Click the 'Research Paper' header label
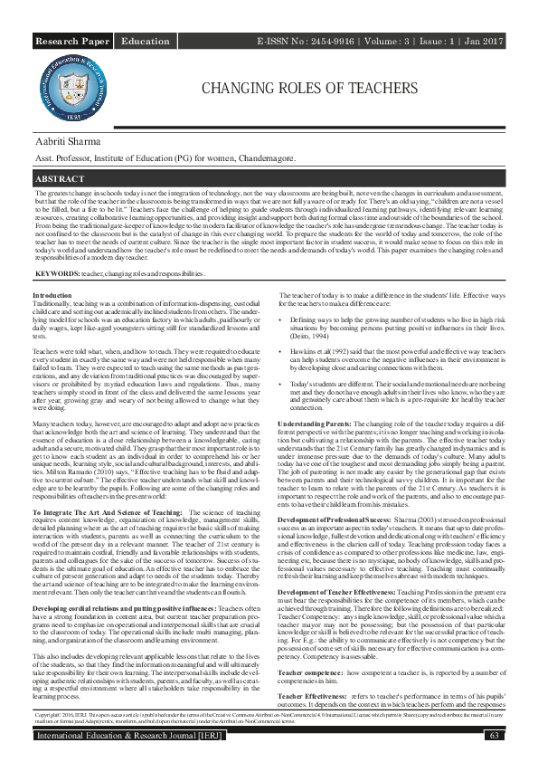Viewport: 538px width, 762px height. point(73,42)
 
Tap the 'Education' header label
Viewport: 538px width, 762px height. point(145,42)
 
